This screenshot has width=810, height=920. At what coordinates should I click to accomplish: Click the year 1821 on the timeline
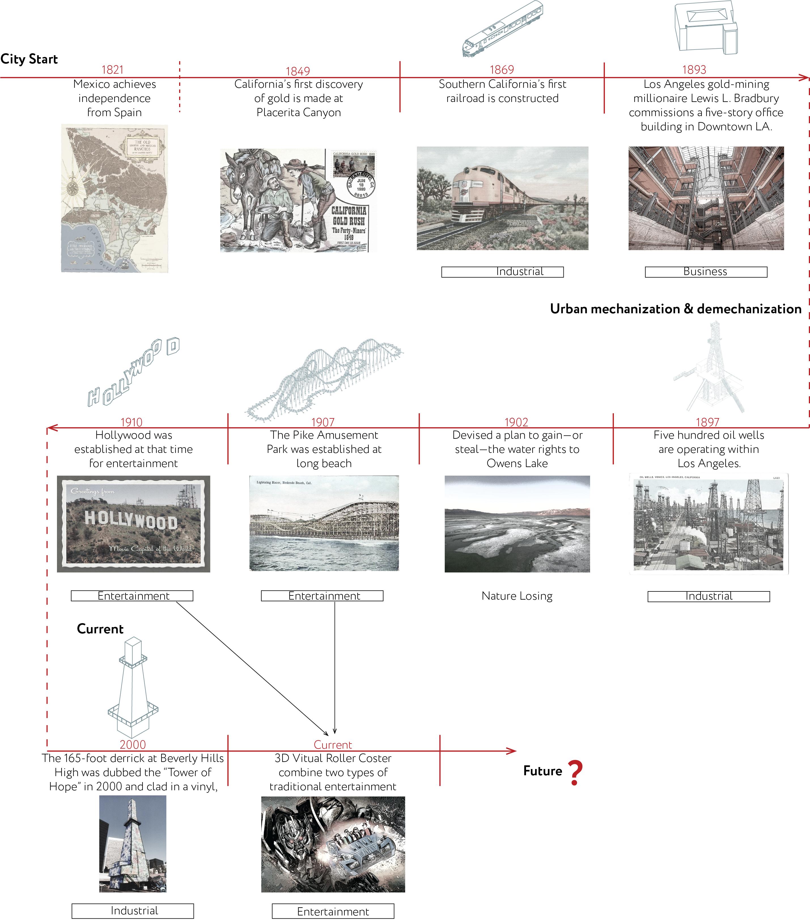112,70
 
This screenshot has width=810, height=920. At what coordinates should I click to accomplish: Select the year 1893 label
694,70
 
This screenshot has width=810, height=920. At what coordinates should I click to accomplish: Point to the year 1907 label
323,422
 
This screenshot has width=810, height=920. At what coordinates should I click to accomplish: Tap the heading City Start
29,59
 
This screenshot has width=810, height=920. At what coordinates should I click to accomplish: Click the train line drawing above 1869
502,29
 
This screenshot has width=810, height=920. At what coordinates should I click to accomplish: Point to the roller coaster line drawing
324,378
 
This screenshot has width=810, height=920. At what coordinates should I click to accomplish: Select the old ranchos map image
114,198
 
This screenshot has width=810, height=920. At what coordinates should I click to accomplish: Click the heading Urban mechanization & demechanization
675,309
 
